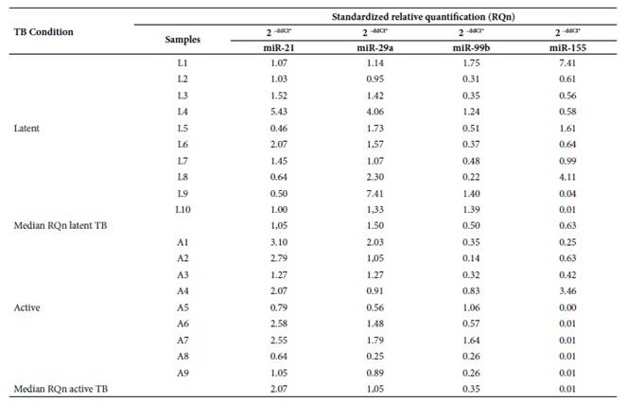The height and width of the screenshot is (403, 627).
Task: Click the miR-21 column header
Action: tap(279, 48)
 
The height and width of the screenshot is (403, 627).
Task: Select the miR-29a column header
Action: tap(375, 48)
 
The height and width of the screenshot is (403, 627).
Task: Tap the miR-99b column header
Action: tap(472, 48)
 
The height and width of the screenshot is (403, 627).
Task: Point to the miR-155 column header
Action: tap(567, 48)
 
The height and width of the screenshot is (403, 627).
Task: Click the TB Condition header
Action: tap(44, 32)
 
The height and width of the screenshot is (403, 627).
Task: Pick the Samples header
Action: tap(183, 40)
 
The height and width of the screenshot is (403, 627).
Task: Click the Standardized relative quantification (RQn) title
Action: tap(424, 17)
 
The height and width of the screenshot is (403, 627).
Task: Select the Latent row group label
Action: tap(26, 129)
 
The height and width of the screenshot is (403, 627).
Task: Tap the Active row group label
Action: tap(26, 307)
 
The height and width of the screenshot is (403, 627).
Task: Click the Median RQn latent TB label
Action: tap(61, 226)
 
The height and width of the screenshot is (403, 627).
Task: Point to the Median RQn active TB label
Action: tap(61, 389)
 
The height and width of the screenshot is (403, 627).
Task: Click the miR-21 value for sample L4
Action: tap(279, 112)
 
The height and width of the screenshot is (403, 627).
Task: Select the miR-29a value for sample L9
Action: tap(375, 194)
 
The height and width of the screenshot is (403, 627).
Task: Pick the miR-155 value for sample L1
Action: tap(567, 63)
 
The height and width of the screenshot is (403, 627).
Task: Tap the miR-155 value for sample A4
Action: tap(567, 291)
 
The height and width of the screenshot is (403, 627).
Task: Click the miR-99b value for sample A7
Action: tap(472, 341)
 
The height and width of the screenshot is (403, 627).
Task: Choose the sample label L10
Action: tap(183, 210)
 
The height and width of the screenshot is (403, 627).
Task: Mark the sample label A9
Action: tap(183, 373)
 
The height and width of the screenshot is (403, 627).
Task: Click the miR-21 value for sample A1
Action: tap(279, 242)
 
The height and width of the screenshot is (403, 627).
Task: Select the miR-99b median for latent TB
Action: tap(472, 226)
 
